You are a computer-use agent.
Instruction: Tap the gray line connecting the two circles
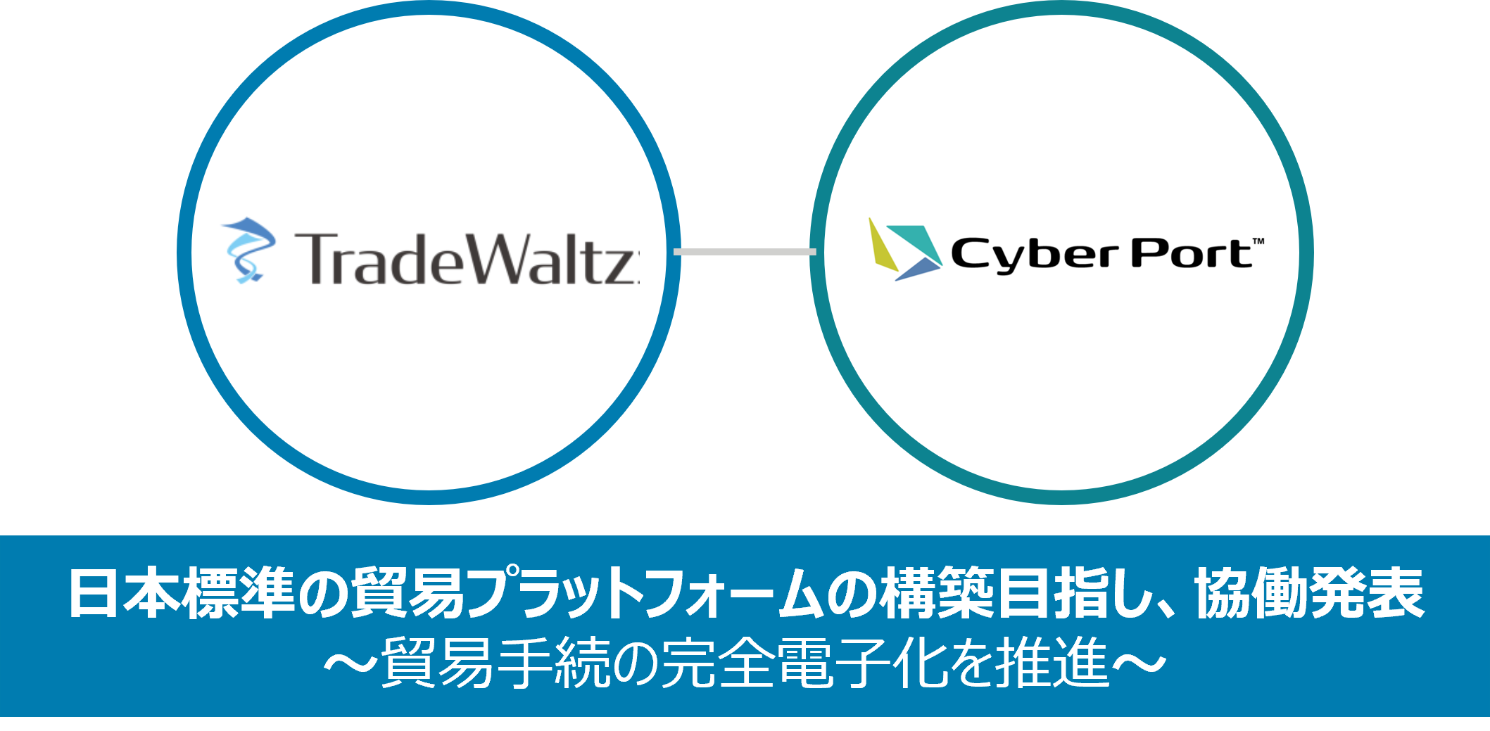point(745,252)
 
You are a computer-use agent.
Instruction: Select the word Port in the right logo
point(1190,254)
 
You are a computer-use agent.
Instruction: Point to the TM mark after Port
point(1258,242)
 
